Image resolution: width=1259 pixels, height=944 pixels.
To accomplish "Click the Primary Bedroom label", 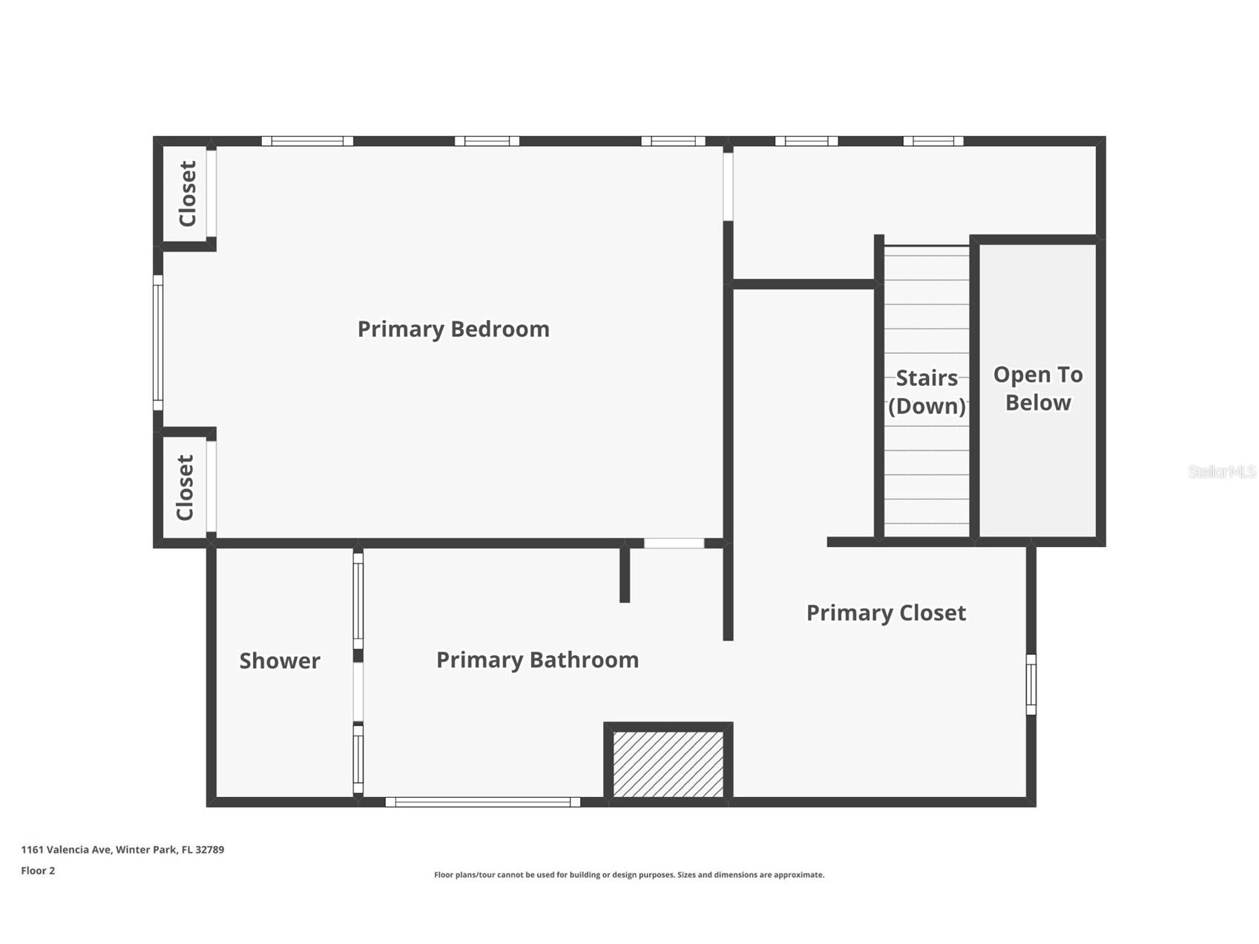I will pyautogui.click(x=453, y=329).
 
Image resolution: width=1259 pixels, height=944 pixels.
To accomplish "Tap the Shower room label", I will pyautogui.click(x=280, y=661).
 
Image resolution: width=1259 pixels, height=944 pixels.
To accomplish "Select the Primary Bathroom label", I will pyautogui.click(x=537, y=660).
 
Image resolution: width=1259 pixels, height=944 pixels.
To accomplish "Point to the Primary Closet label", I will pyautogui.click(x=886, y=613).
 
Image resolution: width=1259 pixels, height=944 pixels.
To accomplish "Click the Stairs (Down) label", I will pyautogui.click(x=927, y=392).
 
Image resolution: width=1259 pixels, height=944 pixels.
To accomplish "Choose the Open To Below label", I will pyautogui.click(x=1038, y=388).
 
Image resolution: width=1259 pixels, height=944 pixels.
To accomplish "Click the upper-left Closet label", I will pyautogui.click(x=188, y=194).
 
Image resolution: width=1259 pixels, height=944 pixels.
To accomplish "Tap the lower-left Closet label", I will pyautogui.click(x=185, y=487).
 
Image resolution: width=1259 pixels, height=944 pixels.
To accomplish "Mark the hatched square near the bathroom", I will pyautogui.click(x=668, y=764).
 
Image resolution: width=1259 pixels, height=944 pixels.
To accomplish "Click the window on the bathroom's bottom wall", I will pyautogui.click(x=483, y=802).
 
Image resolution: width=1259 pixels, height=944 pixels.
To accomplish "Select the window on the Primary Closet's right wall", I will pyautogui.click(x=1030, y=684).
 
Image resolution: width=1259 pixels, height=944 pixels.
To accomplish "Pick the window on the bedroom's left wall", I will pyautogui.click(x=158, y=342).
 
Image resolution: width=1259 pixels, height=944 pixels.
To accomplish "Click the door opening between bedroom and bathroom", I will pyautogui.click(x=674, y=543).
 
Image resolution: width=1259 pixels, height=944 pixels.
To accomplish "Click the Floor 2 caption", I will pyautogui.click(x=38, y=871).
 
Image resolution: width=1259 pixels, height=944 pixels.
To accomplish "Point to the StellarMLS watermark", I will pyautogui.click(x=1221, y=471).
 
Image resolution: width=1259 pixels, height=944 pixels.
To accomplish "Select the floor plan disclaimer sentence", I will pyautogui.click(x=629, y=875).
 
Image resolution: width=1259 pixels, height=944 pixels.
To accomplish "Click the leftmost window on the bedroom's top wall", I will pyautogui.click(x=307, y=141).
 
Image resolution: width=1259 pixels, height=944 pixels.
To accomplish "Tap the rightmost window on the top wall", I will pyautogui.click(x=933, y=141).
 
